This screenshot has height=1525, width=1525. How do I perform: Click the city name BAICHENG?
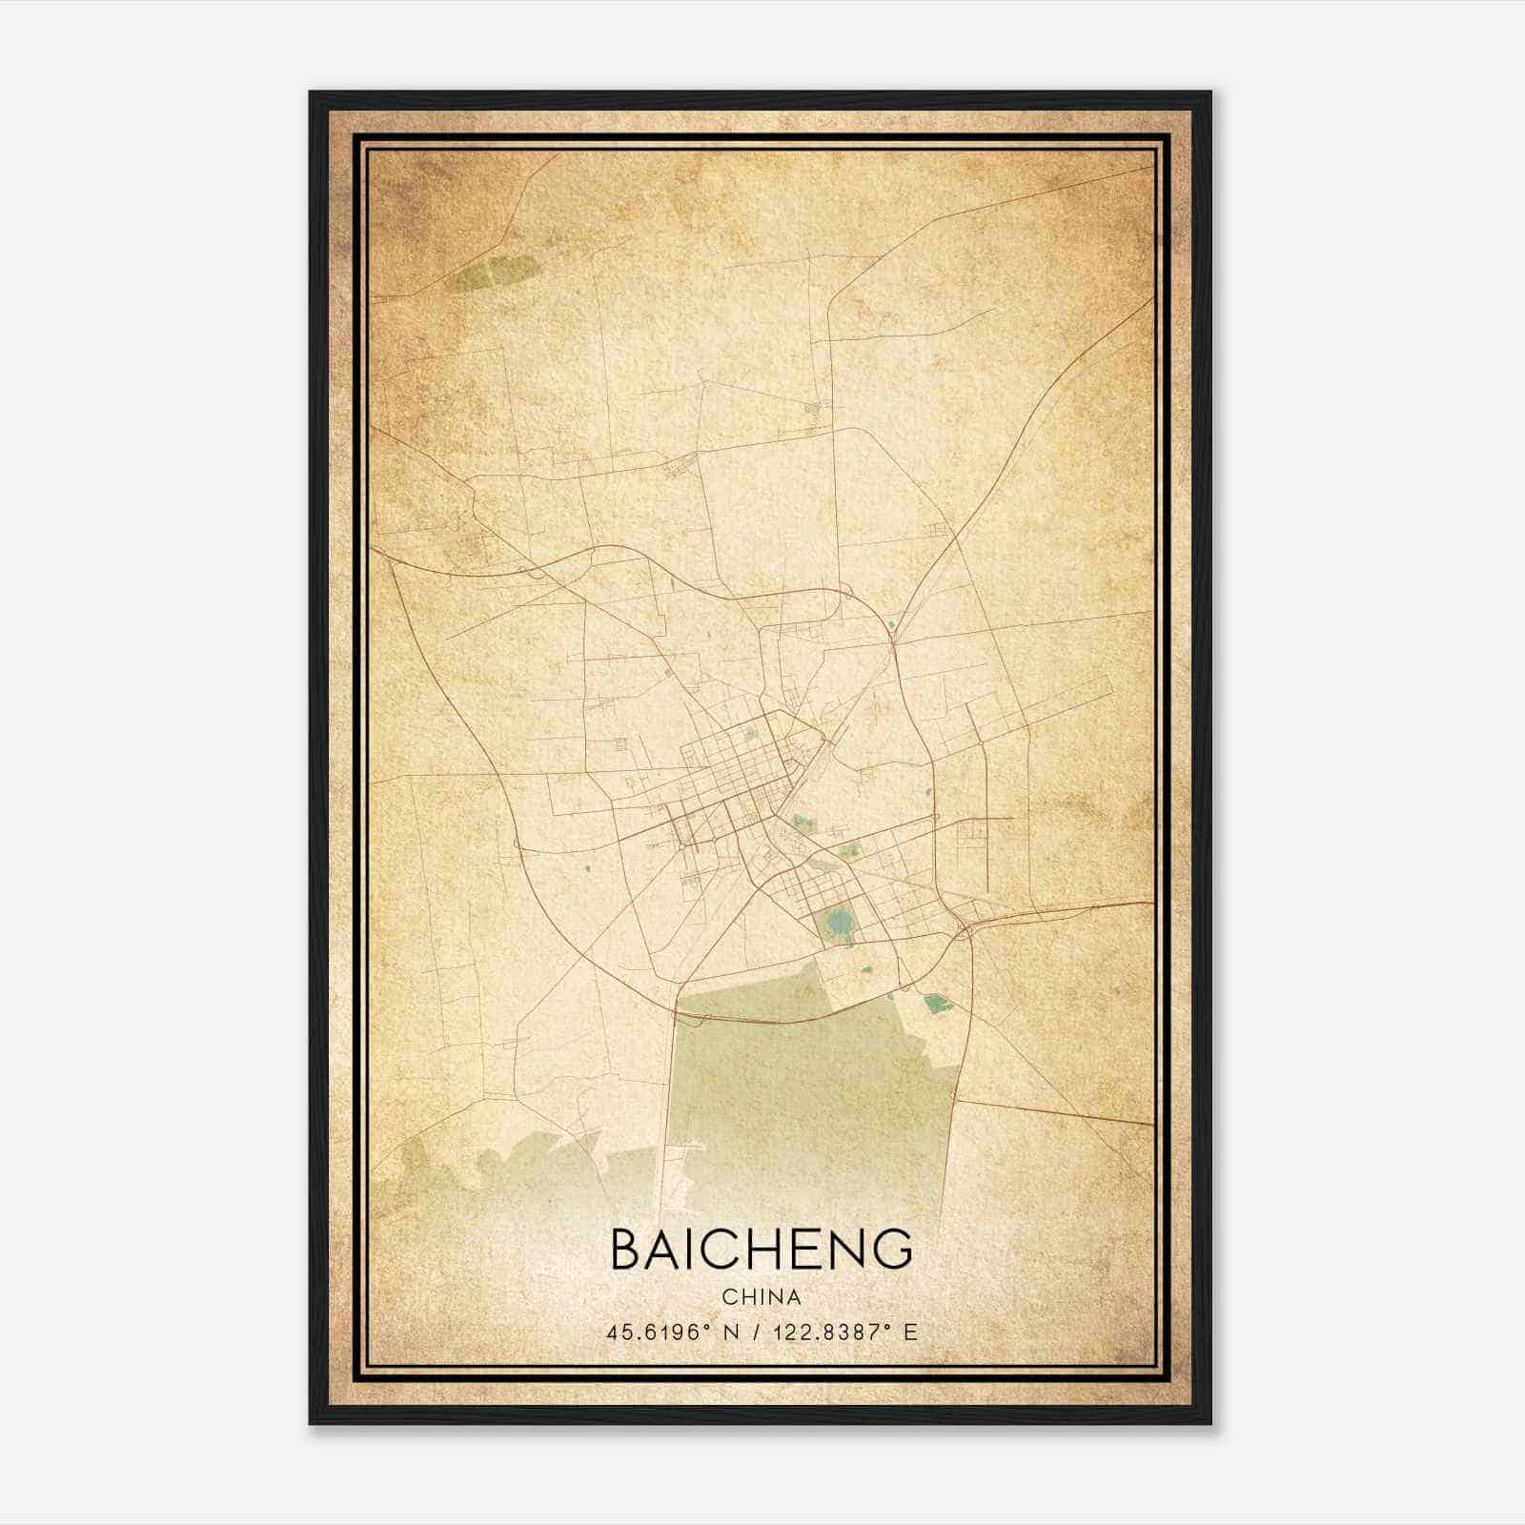pos(761,1249)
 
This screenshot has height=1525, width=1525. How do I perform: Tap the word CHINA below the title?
pos(761,1297)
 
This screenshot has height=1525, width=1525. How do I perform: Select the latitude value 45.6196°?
pos(659,1332)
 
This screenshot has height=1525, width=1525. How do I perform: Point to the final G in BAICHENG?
pos(892,1249)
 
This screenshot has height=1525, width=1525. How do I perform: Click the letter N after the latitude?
pos(732,1332)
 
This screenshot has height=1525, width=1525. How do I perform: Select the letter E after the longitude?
pos(910,1332)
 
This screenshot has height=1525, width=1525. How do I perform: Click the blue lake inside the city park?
pos(838,922)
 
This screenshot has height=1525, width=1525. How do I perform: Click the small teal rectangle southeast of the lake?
pos(936,1002)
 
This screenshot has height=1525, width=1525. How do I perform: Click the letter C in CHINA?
pos(728,1297)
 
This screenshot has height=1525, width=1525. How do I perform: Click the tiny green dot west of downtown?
pos(588,867)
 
